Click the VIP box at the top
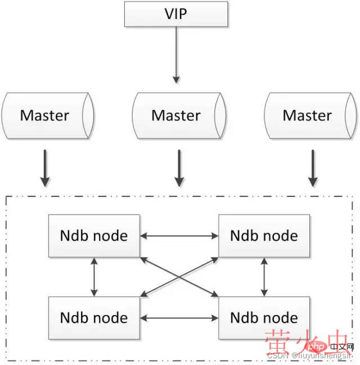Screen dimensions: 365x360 point(177,14)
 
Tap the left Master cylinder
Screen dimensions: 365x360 point(46,116)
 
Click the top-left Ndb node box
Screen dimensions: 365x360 point(94,235)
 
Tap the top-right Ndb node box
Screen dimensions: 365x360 point(264,235)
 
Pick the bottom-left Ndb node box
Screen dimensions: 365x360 point(94,318)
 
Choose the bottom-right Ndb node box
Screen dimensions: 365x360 point(264,318)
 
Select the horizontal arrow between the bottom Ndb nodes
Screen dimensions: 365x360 point(179,318)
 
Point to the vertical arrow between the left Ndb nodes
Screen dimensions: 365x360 point(94,276)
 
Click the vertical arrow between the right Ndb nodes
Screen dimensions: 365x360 point(264,276)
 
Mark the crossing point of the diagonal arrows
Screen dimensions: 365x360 point(179,276)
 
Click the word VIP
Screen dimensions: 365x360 point(177,14)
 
